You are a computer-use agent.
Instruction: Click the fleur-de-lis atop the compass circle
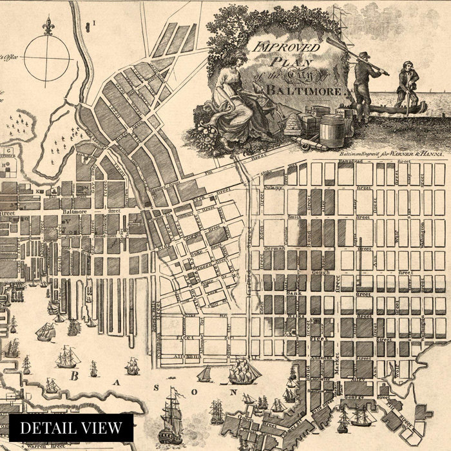coord(48,25)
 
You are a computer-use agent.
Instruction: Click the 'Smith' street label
coord(294,217)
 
